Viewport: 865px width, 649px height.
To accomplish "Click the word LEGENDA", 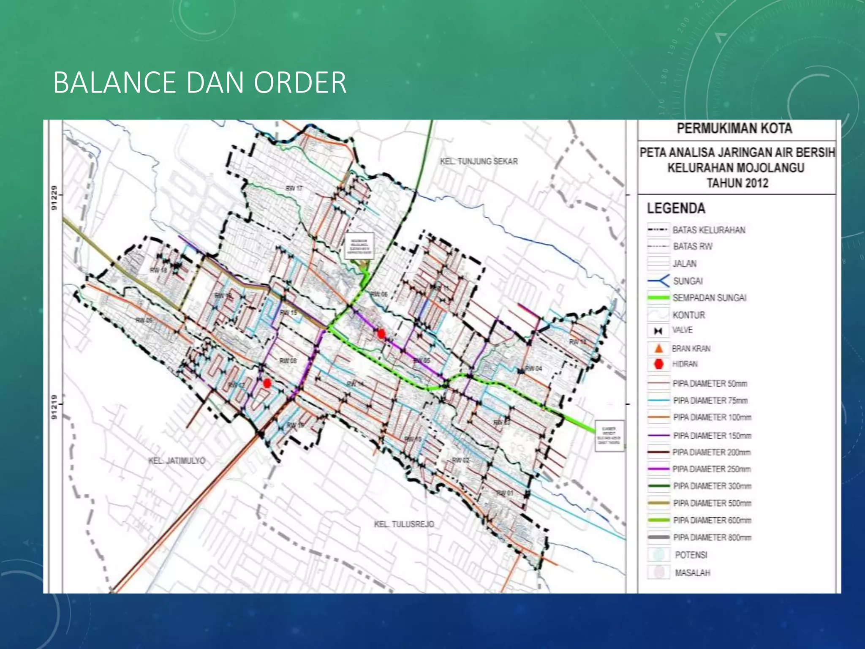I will pos(676,208).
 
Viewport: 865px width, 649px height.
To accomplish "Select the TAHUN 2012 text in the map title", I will pos(737,183).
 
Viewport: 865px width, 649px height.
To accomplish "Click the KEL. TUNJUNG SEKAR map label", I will pos(479,161).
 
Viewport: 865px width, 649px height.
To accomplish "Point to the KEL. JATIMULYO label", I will pos(177,461).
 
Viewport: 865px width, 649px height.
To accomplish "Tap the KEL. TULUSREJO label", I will pos(404,524).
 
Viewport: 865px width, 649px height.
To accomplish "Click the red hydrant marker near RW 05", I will pos(381,334).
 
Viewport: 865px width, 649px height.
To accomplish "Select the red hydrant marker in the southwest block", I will pos(267,383).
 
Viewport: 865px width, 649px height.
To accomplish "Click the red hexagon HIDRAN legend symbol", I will pos(658,364).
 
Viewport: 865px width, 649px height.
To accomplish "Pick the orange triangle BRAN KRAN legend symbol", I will pos(658,349).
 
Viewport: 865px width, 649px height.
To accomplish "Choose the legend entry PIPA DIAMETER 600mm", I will pos(712,521).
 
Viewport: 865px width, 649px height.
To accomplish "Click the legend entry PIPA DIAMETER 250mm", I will pos(712,469).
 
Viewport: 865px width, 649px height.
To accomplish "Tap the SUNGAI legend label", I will pos(688,281).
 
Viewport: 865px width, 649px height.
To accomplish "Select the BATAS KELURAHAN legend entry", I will pos(708,230).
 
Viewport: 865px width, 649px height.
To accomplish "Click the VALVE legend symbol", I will pos(658,331).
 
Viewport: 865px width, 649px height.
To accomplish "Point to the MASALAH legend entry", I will pos(692,573).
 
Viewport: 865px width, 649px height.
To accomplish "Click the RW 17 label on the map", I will pos(294,188).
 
